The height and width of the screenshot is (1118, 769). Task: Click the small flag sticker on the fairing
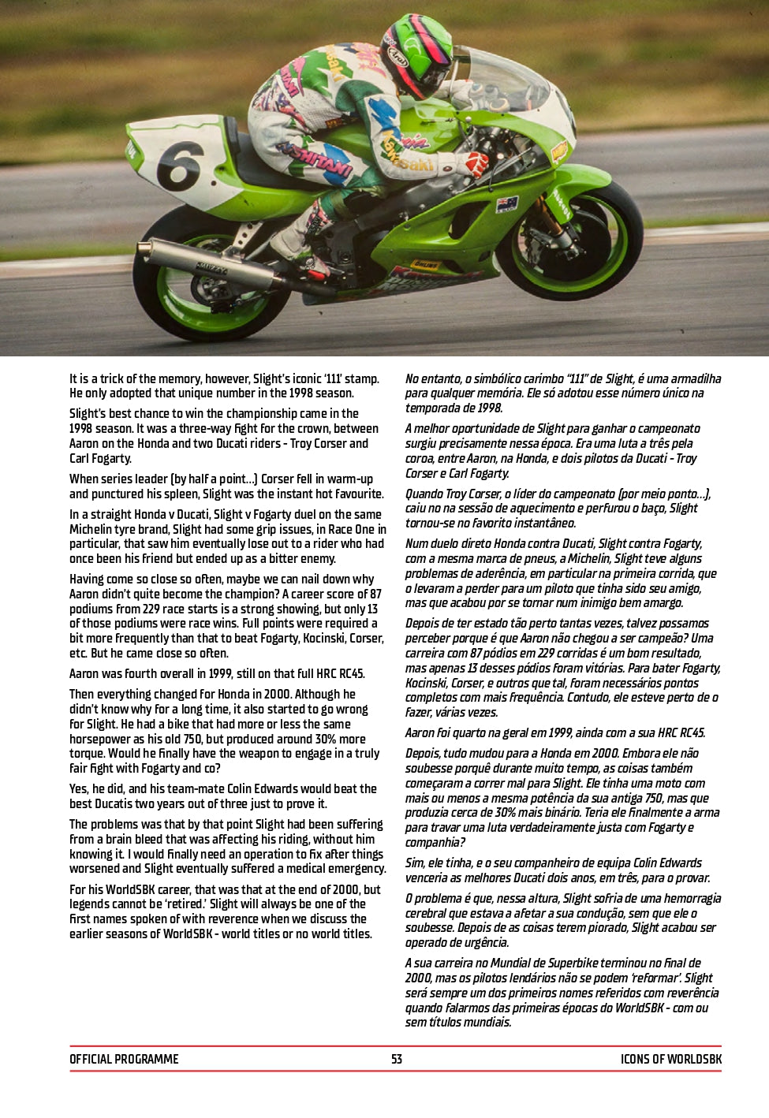click(506, 205)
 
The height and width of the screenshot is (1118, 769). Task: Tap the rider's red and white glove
click(476, 164)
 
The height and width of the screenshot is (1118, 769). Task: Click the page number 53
click(396, 1059)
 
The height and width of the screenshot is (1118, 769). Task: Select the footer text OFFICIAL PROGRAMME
click(124, 1059)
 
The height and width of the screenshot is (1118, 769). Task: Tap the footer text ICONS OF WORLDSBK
click(670, 1059)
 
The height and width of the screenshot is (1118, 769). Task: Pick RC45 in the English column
click(350, 673)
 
